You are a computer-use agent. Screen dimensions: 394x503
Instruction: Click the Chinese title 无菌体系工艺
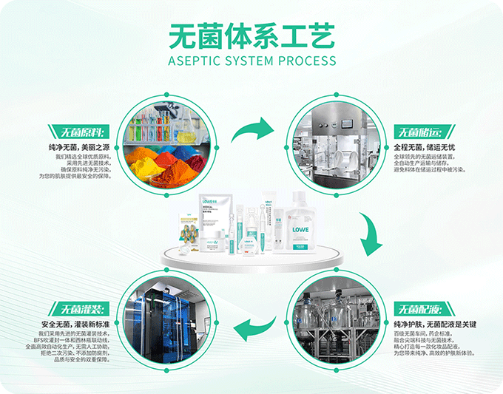pos(251,34)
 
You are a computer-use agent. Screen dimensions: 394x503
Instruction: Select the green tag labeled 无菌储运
pos(419,133)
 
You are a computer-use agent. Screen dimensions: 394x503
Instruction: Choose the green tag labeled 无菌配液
pos(419,308)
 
